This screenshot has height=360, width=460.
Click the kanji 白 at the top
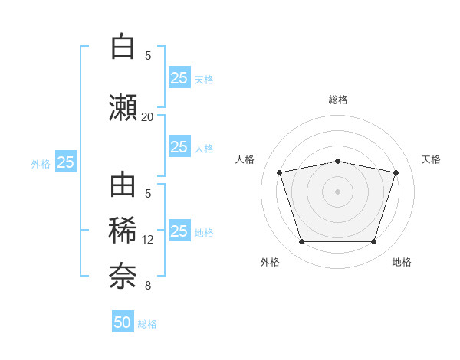(123, 46)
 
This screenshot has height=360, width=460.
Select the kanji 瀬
(123, 107)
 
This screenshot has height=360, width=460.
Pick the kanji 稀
(123, 231)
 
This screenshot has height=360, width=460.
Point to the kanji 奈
(123, 276)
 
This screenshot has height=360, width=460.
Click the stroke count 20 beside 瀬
(147, 117)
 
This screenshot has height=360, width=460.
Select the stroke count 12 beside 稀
(147, 240)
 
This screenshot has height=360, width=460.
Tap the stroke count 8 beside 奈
(148, 286)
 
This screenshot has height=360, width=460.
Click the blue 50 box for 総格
(123, 321)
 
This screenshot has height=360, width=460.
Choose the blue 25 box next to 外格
(66, 162)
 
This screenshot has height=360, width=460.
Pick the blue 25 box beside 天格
(180, 77)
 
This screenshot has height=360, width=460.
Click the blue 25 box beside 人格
(180, 146)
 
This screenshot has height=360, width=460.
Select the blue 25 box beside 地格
(180, 230)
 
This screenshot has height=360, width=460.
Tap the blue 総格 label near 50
(147, 324)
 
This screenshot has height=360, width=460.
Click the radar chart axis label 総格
(338, 100)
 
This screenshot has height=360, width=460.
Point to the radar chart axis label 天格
(431, 159)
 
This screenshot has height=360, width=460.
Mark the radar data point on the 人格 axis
(280, 172)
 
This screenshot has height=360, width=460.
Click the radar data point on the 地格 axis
(374, 242)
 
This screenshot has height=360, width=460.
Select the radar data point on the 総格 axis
(338, 162)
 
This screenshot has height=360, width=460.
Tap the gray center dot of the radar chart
(337, 191)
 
